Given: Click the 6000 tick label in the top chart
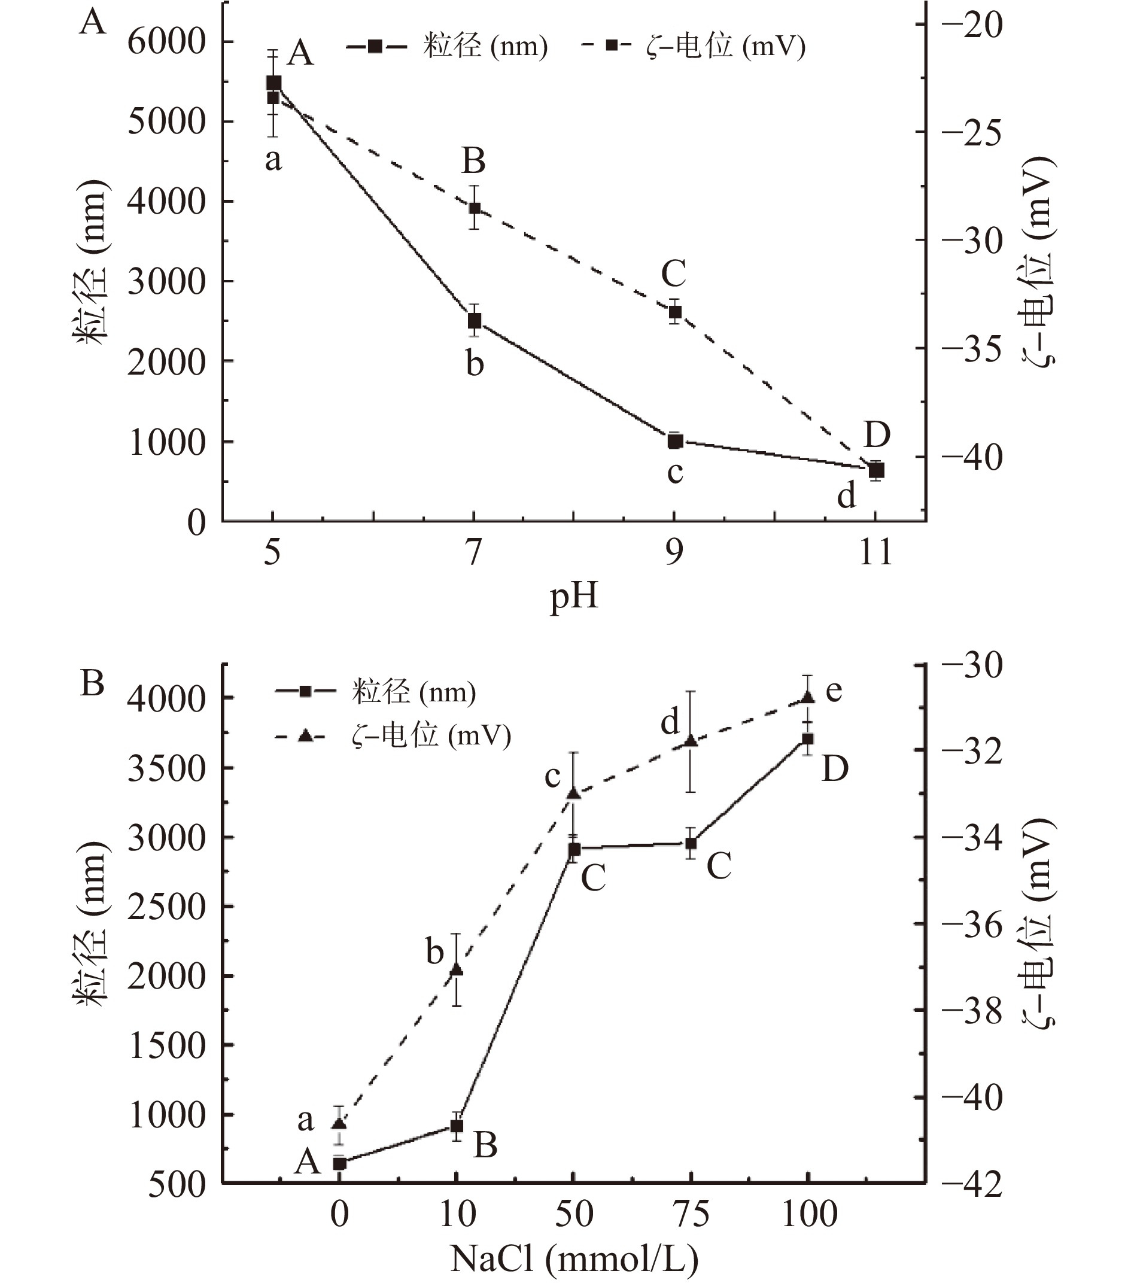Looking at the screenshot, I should [x=166, y=42].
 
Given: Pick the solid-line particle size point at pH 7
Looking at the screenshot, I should [x=475, y=321].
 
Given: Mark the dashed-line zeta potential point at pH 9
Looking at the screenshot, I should [x=674, y=312].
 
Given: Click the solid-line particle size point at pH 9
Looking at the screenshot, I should [x=674, y=441].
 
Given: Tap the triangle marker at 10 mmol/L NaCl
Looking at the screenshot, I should [x=457, y=970].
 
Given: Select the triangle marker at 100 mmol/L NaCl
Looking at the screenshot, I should [x=808, y=697].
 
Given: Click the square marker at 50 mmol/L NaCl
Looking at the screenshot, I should [x=574, y=850].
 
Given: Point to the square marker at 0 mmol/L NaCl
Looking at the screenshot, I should [x=339, y=1163].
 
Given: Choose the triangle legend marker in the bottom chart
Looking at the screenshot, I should [x=306, y=735].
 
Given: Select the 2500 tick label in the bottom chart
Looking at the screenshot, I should [x=166, y=908].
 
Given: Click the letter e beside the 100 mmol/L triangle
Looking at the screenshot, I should [x=834, y=691].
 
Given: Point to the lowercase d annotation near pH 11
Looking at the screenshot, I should [x=847, y=497].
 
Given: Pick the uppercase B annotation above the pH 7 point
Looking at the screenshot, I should [x=474, y=161].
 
